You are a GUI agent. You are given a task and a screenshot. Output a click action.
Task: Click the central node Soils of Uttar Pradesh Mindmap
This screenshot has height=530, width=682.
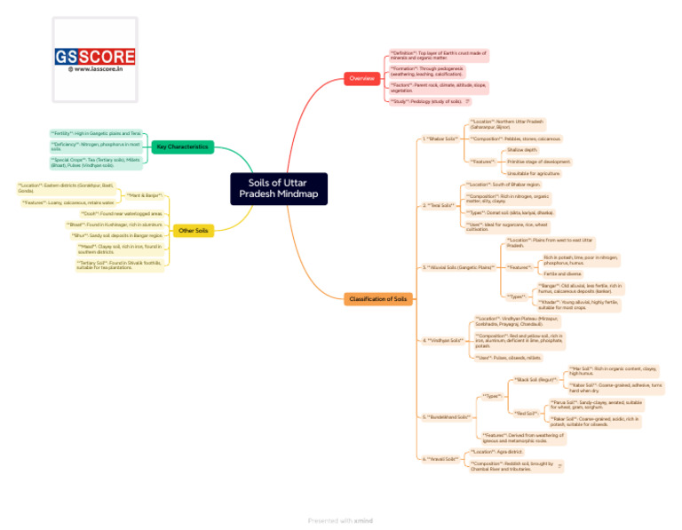tap(280, 188)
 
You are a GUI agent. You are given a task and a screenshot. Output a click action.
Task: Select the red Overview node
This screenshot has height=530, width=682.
tap(361, 79)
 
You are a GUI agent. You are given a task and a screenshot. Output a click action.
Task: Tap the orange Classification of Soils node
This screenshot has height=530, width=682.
tap(377, 299)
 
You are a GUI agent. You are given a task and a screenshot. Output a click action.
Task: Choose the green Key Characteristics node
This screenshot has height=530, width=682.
tap(182, 146)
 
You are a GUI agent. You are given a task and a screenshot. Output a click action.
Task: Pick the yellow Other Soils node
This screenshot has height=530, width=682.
tap(193, 231)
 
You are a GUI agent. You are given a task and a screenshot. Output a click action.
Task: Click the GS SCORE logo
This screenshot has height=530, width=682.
tap(96, 57)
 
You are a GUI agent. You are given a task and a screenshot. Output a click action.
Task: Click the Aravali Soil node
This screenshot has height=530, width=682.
tap(440, 459)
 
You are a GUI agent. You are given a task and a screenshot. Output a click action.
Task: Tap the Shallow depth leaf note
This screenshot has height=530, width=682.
tap(522, 151)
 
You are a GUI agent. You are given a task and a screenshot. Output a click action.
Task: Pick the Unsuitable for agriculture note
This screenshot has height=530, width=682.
tap(534, 173)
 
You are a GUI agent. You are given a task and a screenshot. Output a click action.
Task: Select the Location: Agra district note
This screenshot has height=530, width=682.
tap(496, 452)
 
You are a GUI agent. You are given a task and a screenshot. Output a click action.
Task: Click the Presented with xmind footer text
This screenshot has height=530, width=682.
tap(340, 520)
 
